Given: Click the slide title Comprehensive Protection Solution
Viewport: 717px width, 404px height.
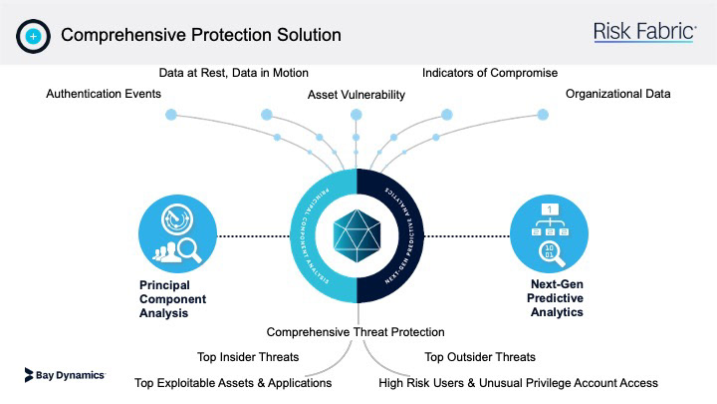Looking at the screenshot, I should pyautogui.click(x=201, y=35).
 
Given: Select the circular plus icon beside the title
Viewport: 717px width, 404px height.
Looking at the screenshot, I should pyautogui.click(x=33, y=35).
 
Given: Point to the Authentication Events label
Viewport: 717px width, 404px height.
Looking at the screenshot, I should pyautogui.click(x=104, y=94).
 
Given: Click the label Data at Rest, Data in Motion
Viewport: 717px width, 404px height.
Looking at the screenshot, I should pyautogui.click(x=234, y=73).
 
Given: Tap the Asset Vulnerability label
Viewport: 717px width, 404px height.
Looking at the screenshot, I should pyautogui.click(x=357, y=95).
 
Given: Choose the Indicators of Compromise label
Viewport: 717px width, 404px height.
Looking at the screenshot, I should pyautogui.click(x=490, y=73).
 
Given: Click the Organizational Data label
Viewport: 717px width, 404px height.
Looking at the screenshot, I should pyautogui.click(x=618, y=94).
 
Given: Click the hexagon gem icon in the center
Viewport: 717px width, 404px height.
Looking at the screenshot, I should pyautogui.click(x=356, y=235).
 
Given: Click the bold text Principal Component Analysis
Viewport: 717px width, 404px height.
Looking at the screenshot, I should pyautogui.click(x=171, y=298).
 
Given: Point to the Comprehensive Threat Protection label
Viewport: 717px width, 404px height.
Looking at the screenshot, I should pyautogui.click(x=356, y=332).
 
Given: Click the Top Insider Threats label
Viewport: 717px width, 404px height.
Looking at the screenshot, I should pyautogui.click(x=244, y=357).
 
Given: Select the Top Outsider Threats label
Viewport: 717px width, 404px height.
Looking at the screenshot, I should pyautogui.click(x=480, y=357).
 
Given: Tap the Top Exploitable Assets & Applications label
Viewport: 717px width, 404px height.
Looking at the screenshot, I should pyautogui.click(x=233, y=382).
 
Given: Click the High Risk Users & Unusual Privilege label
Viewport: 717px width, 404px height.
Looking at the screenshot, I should pyautogui.click(x=519, y=382).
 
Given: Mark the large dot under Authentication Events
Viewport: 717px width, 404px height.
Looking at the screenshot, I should pyautogui.click(x=170, y=116).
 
